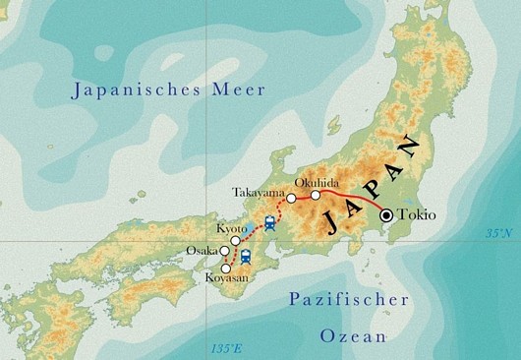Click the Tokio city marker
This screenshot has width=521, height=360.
(x=387, y=215)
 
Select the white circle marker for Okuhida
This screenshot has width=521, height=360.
(x=316, y=195)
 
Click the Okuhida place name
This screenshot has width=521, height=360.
(x=316, y=180)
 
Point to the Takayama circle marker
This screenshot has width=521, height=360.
(x=291, y=199)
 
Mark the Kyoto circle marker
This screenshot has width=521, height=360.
(x=236, y=240)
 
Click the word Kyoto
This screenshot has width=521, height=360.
(x=231, y=228)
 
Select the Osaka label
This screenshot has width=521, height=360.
(x=202, y=251)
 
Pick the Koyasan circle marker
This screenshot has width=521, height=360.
(x=227, y=269)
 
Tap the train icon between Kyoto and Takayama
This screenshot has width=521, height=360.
(x=269, y=221)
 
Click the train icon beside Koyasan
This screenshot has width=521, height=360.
(x=246, y=258)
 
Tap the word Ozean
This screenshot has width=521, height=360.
(x=354, y=336)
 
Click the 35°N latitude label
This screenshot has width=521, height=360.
(x=498, y=233)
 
